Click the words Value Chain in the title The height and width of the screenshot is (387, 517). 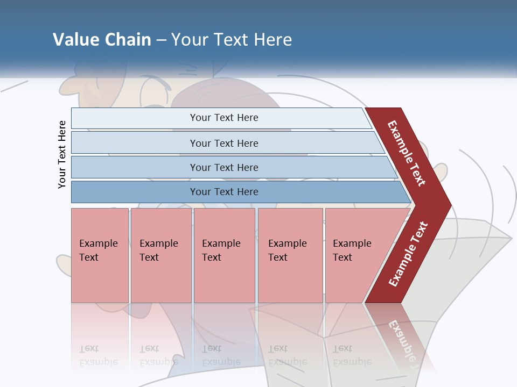[102, 40]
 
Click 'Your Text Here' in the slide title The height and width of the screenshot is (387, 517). [232, 40]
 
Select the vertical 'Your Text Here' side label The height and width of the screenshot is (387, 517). [62, 154]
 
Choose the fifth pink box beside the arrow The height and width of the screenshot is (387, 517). [350, 279]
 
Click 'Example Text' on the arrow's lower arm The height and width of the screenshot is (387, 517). [408, 254]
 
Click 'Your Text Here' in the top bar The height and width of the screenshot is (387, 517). [224, 118]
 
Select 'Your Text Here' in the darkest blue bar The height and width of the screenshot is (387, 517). [224, 192]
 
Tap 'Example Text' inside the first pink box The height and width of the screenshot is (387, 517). [98, 250]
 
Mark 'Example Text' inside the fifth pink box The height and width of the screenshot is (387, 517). [352, 250]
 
